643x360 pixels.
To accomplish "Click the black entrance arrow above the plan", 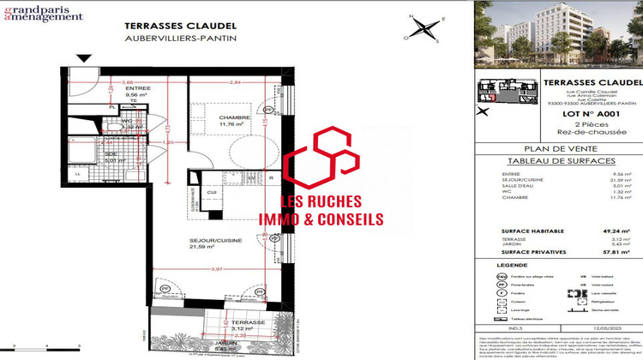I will coord(84,57).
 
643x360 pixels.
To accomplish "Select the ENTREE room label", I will coord(113,88).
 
